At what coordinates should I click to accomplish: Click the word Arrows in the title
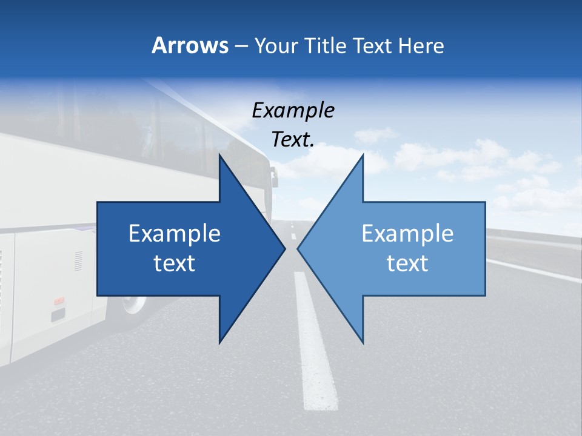coord(190,45)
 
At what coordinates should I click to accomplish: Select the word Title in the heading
coord(326,45)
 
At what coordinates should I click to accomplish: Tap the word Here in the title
coord(421,45)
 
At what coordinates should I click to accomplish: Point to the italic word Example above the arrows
coord(293,111)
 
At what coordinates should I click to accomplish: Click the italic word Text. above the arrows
coord(293,139)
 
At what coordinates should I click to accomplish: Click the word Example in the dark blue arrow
coord(175,234)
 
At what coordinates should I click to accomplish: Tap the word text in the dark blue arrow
coord(175,263)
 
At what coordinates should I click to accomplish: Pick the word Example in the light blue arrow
coord(407,234)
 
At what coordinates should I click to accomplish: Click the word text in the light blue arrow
coord(407,263)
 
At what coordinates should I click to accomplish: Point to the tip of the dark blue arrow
coord(284,248)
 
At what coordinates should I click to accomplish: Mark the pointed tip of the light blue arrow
coord(299,248)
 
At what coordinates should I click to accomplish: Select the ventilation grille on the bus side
coord(79,260)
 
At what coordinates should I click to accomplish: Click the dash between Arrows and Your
coord(241,47)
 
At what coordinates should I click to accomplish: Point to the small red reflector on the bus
coord(59,301)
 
